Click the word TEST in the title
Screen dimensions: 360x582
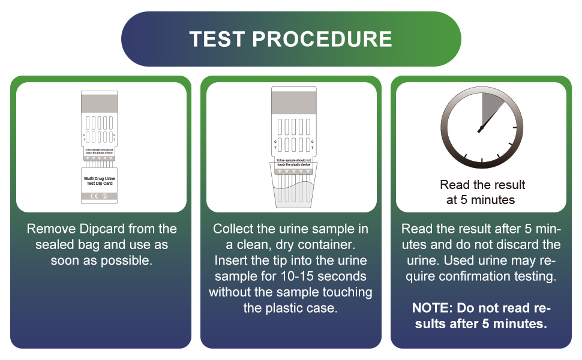point(217,39)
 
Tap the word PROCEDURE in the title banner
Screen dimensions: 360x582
point(322,39)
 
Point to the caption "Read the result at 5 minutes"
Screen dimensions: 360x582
point(482,192)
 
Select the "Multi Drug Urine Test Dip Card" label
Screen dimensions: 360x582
point(101,181)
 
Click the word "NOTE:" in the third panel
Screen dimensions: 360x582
point(432,308)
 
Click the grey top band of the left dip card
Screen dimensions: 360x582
point(101,101)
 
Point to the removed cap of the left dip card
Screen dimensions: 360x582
point(101,185)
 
